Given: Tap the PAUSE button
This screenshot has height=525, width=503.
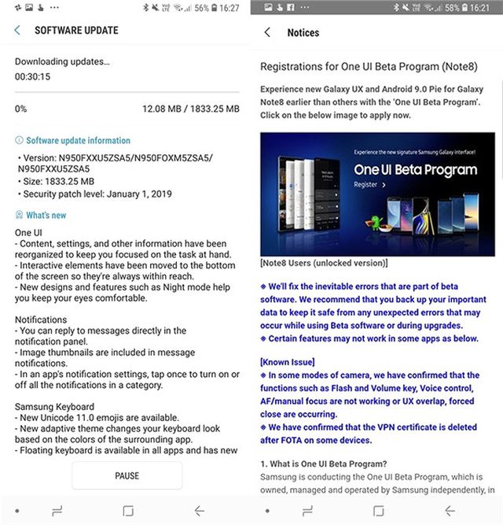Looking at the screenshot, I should click(127, 475).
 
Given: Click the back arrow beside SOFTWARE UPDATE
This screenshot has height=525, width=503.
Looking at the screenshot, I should click(17, 31).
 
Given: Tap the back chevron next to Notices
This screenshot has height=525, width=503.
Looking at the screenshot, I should click(267, 33).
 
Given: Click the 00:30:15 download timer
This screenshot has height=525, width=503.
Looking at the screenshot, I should click(33, 77).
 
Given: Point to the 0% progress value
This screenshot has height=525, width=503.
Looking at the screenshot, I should click(20, 109).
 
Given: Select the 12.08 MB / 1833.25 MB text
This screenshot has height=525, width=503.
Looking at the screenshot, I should click(191, 109).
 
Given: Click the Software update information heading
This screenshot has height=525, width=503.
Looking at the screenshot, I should click(78, 140).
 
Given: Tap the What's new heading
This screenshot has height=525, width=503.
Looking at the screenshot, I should click(46, 215).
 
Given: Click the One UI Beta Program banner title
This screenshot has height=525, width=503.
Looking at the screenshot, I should click(415, 169).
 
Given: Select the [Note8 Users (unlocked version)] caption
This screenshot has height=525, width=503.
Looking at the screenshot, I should click(324, 263).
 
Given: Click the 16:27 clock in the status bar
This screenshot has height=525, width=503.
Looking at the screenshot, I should click(229, 8).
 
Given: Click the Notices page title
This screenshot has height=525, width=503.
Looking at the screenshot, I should click(303, 33).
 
